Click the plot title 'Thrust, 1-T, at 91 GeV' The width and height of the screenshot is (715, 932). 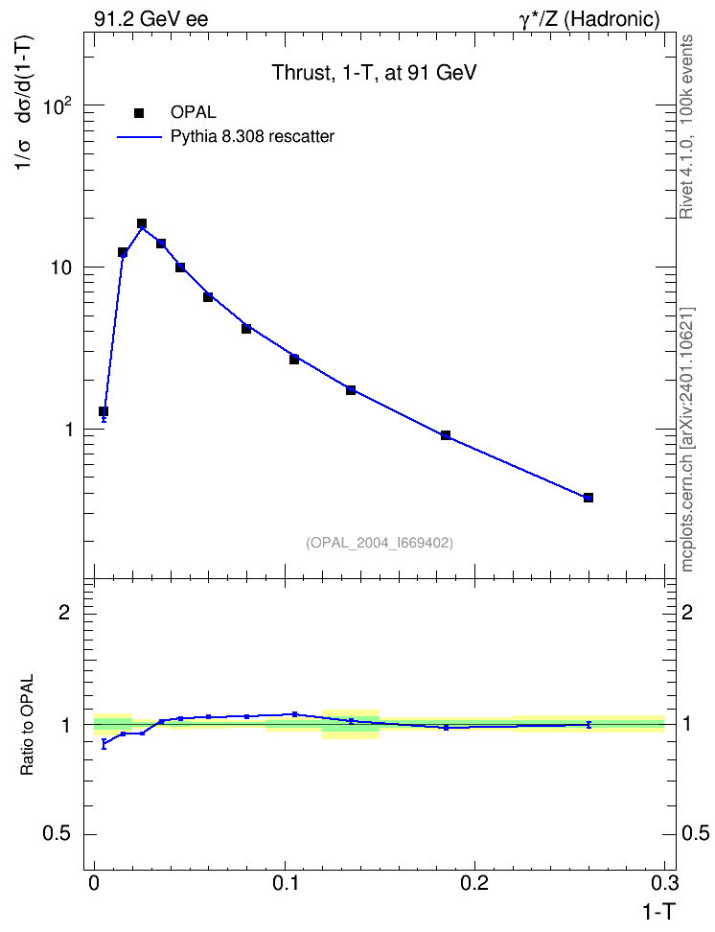point(374,73)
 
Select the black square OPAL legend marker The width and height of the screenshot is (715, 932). point(139,112)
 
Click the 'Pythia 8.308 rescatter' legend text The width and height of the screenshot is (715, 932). point(253,137)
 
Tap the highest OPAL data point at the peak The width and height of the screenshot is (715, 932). point(142,223)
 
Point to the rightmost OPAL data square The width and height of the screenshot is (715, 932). point(588,498)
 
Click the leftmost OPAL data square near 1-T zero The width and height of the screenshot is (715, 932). point(104,411)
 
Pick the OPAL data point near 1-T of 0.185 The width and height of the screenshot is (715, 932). point(446,435)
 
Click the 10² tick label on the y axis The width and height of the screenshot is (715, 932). point(58,106)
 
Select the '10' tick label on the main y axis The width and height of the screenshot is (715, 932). point(60,268)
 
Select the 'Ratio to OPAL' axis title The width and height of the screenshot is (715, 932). point(27,725)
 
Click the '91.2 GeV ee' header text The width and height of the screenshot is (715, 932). point(151,19)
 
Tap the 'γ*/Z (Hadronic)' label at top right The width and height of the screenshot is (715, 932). point(589,19)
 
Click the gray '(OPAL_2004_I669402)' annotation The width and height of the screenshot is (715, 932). point(380,543)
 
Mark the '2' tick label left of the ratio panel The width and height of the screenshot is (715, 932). point(65,612)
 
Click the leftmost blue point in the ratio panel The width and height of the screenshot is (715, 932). point(104,743)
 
